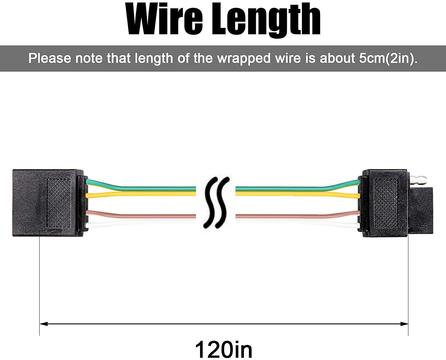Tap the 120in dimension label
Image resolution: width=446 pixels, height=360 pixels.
224,349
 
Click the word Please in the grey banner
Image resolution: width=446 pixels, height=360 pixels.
50,58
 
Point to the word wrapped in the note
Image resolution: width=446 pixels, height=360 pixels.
244,59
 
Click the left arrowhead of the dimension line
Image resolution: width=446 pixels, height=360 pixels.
43,324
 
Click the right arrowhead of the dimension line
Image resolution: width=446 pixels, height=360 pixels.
404,324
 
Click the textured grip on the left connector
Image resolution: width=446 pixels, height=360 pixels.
59,203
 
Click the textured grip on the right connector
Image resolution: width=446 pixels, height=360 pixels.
386,203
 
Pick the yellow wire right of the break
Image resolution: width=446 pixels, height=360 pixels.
298,194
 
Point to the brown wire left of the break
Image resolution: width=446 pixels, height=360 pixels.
141,215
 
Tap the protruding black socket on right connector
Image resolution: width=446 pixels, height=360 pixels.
420,210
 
